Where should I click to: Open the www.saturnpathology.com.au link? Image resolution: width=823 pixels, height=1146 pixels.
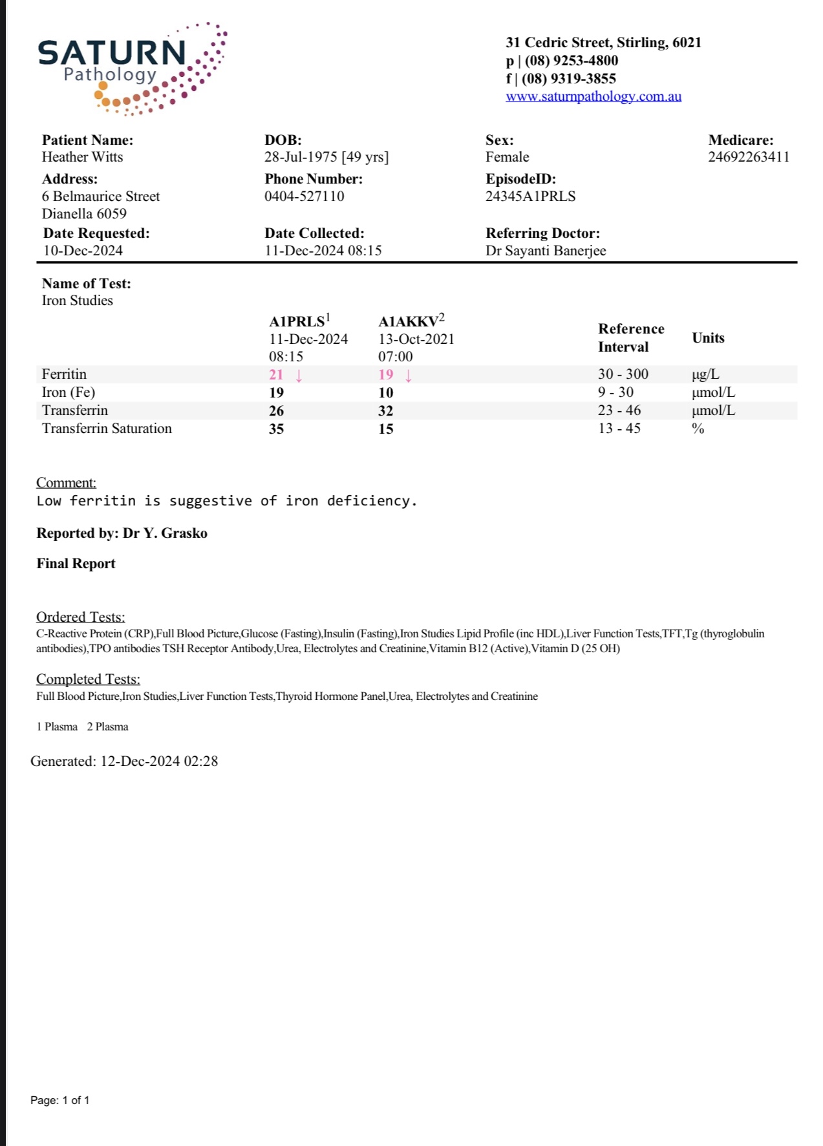click(593, 96)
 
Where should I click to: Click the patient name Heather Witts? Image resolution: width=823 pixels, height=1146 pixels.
click(82, 157)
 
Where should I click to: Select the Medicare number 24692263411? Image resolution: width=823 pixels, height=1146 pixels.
click(748, 157)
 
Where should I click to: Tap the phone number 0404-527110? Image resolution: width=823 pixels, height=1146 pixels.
click(304, 196)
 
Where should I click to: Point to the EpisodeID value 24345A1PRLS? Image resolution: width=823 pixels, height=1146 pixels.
click(530, 196)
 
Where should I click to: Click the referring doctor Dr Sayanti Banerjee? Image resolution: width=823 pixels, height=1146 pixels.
click(546, 251)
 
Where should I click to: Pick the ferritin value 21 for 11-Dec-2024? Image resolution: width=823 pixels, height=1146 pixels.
click(276, 375)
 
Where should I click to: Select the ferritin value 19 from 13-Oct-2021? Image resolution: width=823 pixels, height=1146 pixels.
click(385, 375)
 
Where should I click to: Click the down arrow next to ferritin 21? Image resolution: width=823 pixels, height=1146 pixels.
click(299, 376)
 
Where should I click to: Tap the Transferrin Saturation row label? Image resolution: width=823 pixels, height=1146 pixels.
click(107, 429)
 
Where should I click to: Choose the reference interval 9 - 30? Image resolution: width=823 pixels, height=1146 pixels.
click(615, 392)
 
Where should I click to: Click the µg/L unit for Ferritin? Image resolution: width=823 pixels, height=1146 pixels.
click(705, 375)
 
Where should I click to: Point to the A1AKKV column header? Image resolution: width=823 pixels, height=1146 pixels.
click(411, 321)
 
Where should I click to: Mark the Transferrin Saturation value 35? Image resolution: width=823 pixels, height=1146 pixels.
click(276, 429)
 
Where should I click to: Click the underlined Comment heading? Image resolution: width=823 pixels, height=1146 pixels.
click(66, 483)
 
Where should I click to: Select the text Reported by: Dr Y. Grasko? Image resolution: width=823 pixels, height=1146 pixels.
click(122, 533)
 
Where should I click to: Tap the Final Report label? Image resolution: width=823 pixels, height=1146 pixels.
click(76, 564)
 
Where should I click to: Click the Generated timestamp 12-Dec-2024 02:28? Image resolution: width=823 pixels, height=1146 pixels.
click(158, 761)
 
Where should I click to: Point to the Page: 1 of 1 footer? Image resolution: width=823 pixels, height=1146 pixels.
click(59, 1100)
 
